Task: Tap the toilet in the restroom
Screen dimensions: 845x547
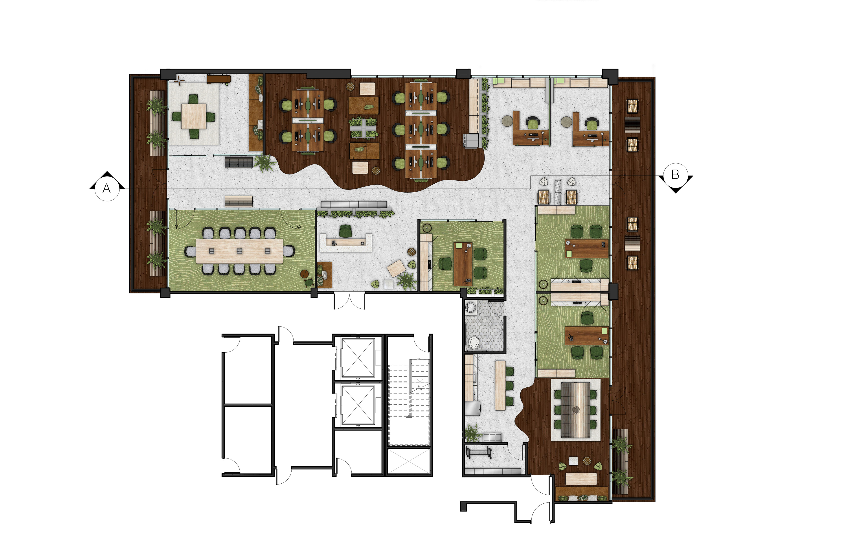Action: pyautogui.click(x=473, y=343)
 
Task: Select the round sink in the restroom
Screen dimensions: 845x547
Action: pyautogui.click(x=471, y=307)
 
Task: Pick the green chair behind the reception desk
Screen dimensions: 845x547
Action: pyautogui.click(x=345, y=231)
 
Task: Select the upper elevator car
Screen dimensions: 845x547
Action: pyautogui.click(x=358, y=358)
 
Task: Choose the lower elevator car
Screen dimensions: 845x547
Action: pyautogui.click(x=358, y=405)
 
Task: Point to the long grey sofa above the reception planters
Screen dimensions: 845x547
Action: pyautogui.click(x=354, y=205)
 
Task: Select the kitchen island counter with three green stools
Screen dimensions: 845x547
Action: pyautogui.click(x=500, y=385)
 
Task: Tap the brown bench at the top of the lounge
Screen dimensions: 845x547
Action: pyautogui.click(x=219, y=79)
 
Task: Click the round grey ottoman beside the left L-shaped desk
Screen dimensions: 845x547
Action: pyautogui.click(x=507, y=121)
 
